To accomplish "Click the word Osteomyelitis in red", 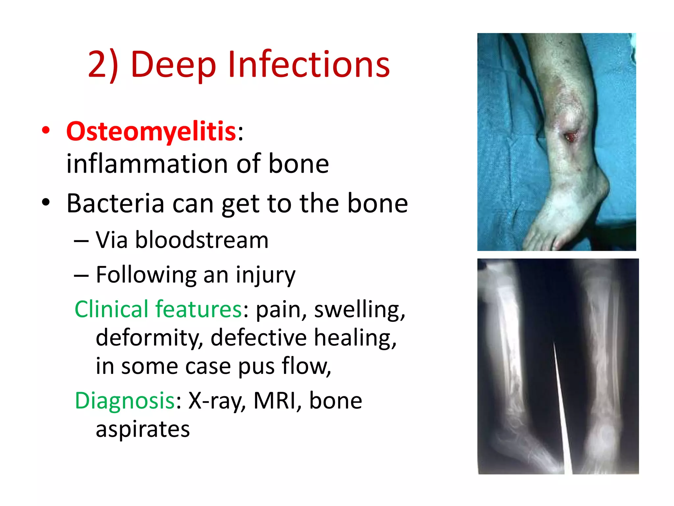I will point(151,131).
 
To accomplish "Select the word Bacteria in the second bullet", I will point(115,203).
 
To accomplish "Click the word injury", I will point(266,275).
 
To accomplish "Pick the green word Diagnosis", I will point(125,401).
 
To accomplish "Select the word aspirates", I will point(143,429).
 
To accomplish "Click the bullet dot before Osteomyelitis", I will point(46,130).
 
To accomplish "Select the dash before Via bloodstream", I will point(81,241).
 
